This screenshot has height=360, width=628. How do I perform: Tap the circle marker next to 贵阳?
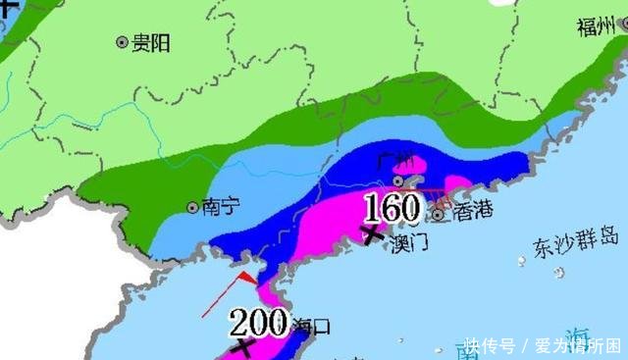click(x=122, y=42)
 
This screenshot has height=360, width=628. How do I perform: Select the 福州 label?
click(x=596, y=26)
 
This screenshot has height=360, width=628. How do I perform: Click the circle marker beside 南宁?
click(x=192, y=207)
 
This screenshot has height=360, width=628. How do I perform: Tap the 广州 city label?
click(x=399, y=162)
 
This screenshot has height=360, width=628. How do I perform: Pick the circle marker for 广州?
click(x=398, y=180)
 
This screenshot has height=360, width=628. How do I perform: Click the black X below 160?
click(x=372, y=233)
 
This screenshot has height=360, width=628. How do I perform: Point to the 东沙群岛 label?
click(x=576, y=239)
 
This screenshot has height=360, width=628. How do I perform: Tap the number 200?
click(x=258, y=321)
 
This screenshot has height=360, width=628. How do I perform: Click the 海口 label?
click(x=312, y=325)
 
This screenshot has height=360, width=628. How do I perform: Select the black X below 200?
click(x=239, y=347)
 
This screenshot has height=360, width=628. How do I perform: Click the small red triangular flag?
click(x=248, y=280)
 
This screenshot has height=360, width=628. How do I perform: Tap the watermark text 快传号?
click(x=490, y=345)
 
